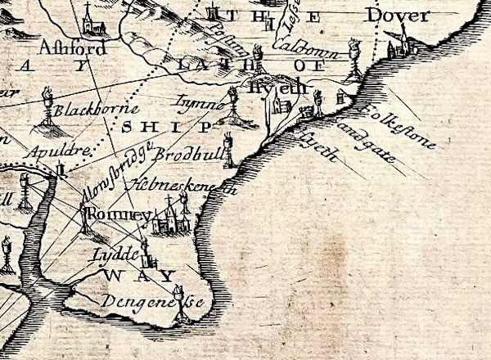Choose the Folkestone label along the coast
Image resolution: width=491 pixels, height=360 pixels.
[399, 126]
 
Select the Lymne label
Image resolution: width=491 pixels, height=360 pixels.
[199, 104]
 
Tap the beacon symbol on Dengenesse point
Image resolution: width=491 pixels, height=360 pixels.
[181, 303]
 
